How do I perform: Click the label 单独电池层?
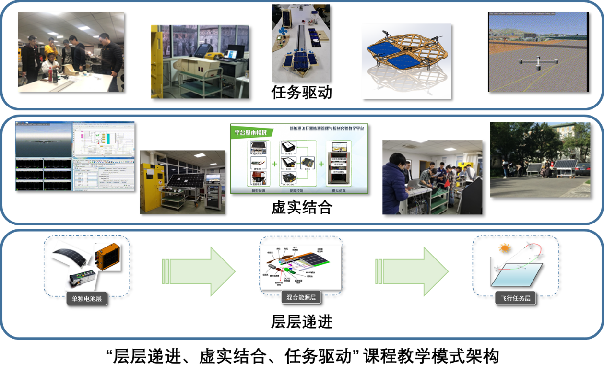[x=86, y=299]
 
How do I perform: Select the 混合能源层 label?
[x=301, y=297]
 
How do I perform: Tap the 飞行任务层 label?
[x=515, y=298]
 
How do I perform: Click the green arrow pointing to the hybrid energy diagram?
[x=199, y=271]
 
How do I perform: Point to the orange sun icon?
[x=505, y=248]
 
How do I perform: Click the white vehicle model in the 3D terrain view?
[x=537, y=63]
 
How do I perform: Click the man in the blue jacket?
[x=395, y=182]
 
